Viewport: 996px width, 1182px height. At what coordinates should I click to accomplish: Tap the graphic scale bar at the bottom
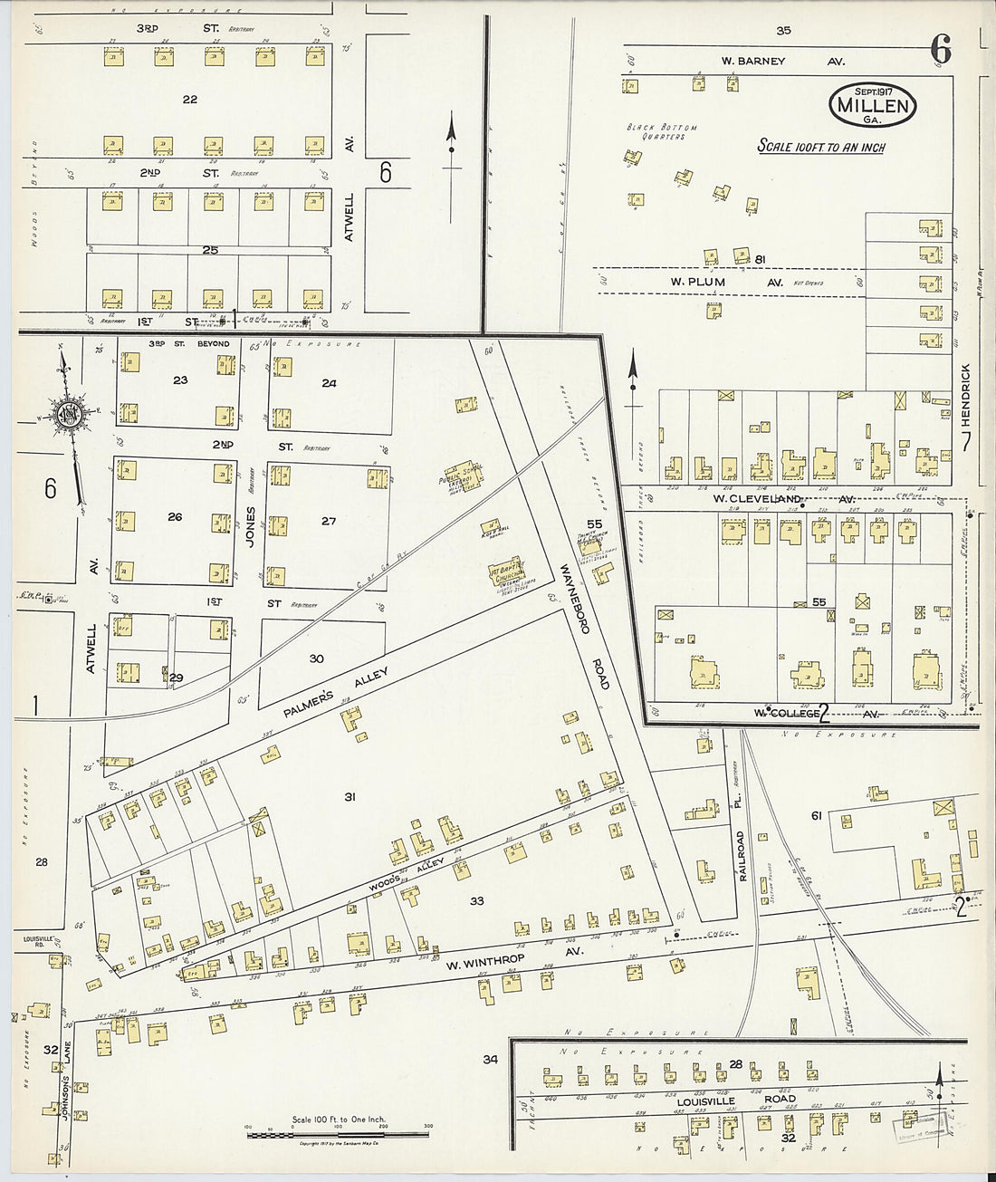click(x=338, y=1133)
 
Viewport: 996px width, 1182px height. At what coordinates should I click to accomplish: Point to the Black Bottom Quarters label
click(x=662, y=132)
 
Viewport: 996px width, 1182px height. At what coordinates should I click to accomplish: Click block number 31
click(x=350, y=797)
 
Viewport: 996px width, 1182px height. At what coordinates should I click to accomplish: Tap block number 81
click(x=761, y=259)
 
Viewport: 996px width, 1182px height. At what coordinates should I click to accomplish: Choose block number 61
click(x=816, y=816)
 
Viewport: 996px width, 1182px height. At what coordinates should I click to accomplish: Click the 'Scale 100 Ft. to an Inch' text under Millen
click(x=821, y=147)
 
